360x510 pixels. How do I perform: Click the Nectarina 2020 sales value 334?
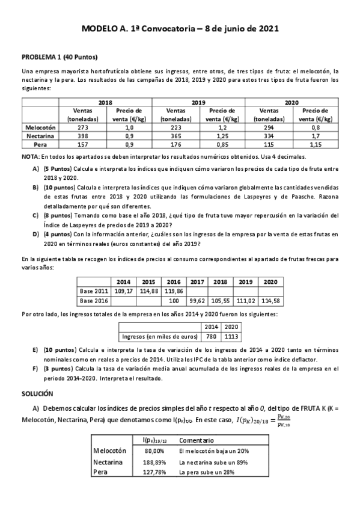click(x=279, y=137)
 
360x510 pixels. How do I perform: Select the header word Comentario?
click(x=197, y=440)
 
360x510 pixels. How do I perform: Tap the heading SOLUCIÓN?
click(x=37, y=393)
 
